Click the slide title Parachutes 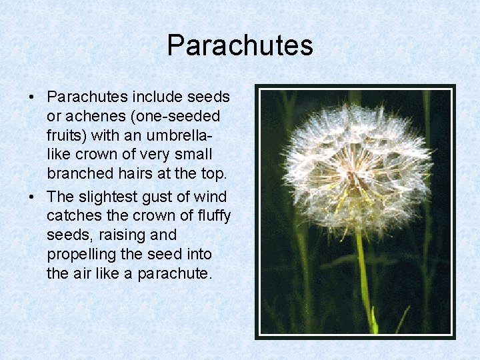pyautogui.click(x=240, y=45)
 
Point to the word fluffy pyautogui.click(x=212, y=216)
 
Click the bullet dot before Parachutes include pyautogui.click(x=31, y=97)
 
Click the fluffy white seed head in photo pyautogui.click(x=357, y=167)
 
